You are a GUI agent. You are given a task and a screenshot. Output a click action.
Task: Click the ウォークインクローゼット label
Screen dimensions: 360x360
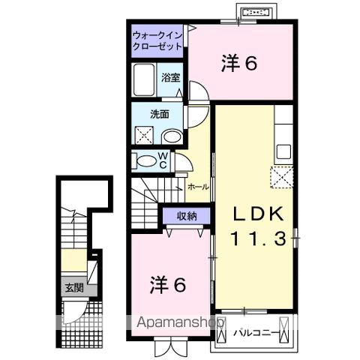(157, 40)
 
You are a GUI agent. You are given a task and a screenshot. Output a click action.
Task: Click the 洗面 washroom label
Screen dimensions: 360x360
(158, 115)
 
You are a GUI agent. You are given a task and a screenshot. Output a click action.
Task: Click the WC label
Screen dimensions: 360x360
(162, 160)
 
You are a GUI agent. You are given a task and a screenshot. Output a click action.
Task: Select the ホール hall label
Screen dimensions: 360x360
(198, 186)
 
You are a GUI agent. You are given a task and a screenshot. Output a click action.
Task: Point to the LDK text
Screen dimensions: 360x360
(257, 214)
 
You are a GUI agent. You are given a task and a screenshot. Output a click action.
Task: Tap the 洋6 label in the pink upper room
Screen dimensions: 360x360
(240, 64)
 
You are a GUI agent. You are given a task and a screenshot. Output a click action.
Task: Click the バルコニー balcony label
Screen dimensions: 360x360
(256, 331)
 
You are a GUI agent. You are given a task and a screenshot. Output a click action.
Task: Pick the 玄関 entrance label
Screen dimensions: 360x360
(73, 286)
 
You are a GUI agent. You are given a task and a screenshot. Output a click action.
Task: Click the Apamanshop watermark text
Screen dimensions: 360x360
(180, 322)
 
